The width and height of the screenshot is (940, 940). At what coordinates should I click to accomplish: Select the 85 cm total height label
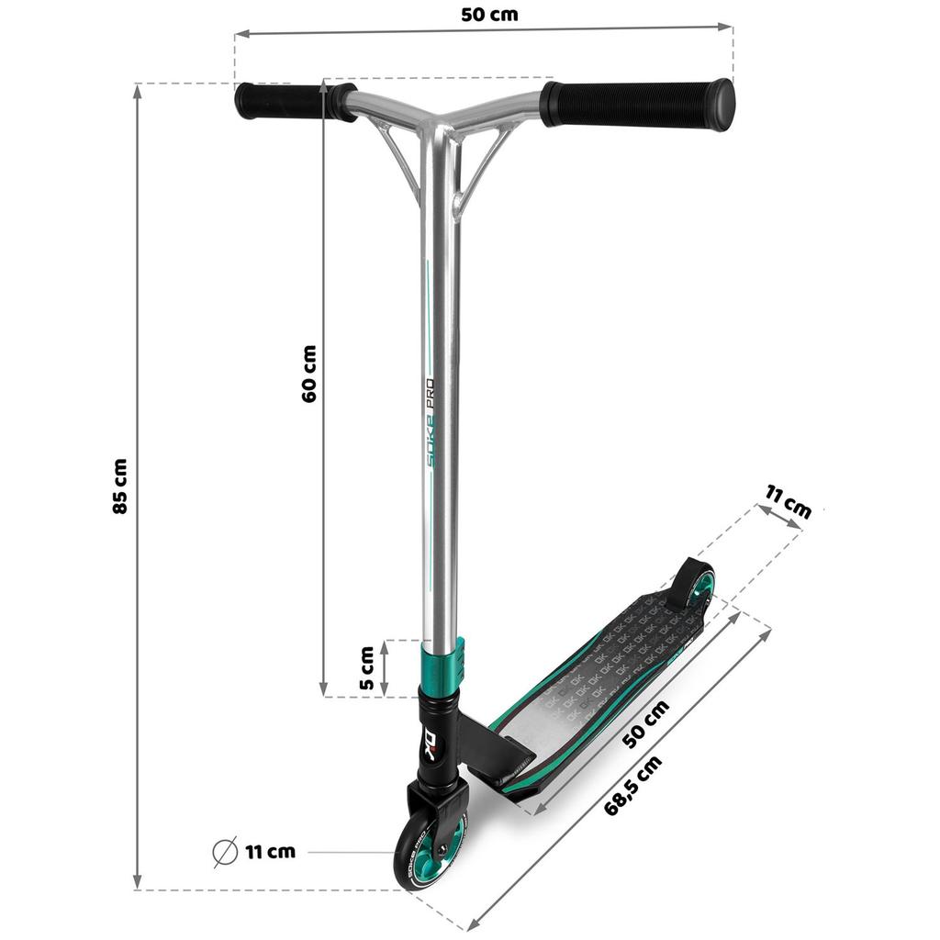pyautogui.click(x=120, y=486)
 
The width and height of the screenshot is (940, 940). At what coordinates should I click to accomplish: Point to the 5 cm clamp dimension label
pyautogui.click(x=366, y=668)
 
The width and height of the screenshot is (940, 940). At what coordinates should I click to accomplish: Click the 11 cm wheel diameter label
pyautogui.click(x=270, y=852)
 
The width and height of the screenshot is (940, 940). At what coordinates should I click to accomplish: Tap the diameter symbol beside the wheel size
pyautogui.click(x=225, y=852)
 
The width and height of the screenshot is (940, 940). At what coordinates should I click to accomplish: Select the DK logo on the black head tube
pyautogui.click(x=437, y=739)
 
